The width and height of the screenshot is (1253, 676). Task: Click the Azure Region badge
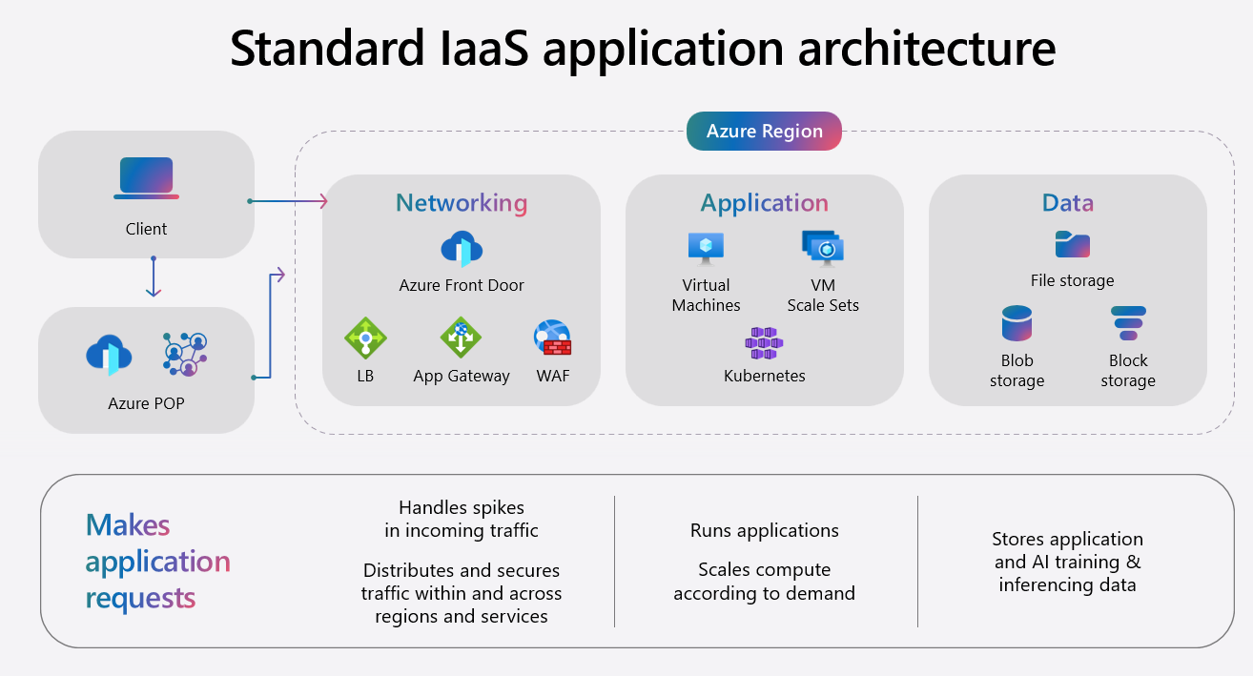[x=764, y=132]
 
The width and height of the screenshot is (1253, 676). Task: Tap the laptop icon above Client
[x=146, y=178]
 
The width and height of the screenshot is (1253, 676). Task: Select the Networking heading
[x=462, y=203]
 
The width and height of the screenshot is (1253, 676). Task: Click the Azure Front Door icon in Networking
[x=462, y=249]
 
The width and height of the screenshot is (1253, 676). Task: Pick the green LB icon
[x=365, y=338]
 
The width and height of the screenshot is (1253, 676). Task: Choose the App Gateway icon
[x=461, y=338]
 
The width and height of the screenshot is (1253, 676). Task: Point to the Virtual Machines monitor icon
[x=706, y=247]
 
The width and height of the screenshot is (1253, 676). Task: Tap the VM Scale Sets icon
[x=822, y=248]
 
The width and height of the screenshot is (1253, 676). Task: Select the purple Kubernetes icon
[x=764, y=342]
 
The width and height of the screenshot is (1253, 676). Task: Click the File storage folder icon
[x=1072, y=245]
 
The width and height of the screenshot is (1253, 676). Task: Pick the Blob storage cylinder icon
[x=1017, y=324]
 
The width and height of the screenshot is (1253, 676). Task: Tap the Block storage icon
[x=1128, y=324]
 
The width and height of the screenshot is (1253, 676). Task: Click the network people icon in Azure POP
[x=185, y=354]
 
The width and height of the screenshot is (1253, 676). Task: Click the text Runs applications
[x=764, y=531]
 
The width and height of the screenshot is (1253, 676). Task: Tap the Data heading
[x=1067, y=203]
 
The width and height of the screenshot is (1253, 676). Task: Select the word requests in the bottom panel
[x=140, y=598]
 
